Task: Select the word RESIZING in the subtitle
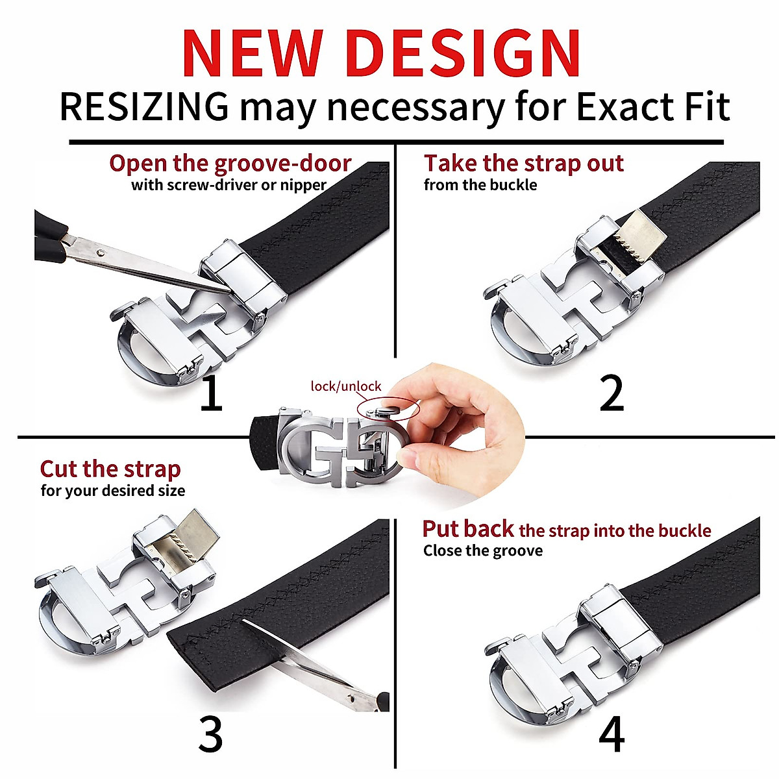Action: [x=144, y=107]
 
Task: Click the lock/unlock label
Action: [x=346, y=386]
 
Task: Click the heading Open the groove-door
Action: [x=230, y=163]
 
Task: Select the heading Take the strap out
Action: [x=523, y=163]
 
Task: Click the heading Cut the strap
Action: [x=110, y=469]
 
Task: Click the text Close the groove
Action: [x=483, y=551]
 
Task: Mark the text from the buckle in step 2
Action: [x=480, y=185]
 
